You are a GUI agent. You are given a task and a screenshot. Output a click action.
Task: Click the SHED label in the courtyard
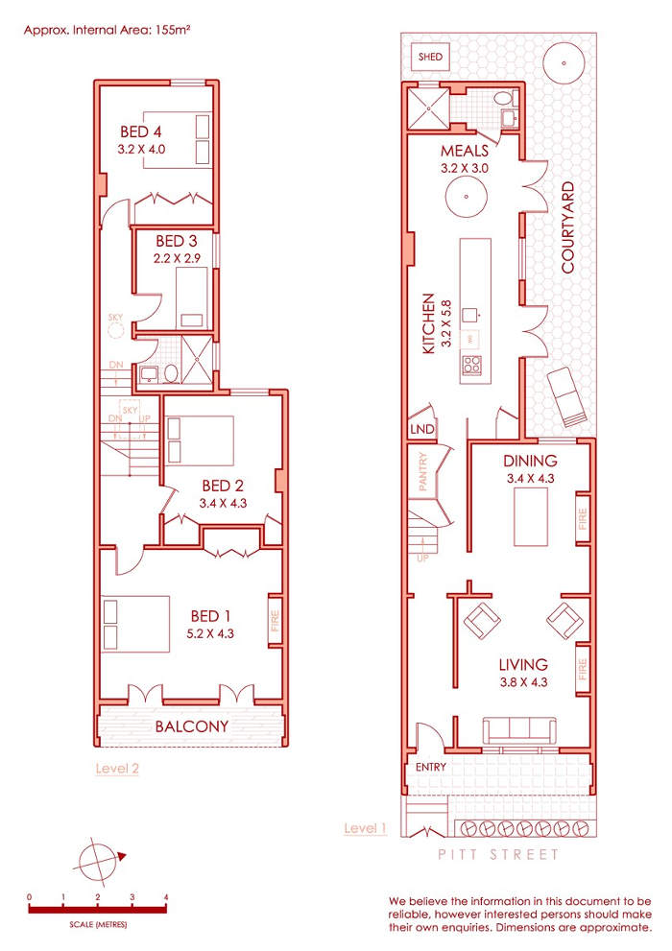[x=430, y=57]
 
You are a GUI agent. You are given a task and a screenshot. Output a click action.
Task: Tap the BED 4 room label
[x=141, y=131]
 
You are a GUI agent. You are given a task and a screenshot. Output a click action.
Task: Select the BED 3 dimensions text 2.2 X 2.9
[x=177, y=258]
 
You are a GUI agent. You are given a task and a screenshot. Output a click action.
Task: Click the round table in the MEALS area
[x=467, y=197]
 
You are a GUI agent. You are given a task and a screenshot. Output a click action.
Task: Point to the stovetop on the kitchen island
[x=472, y=364]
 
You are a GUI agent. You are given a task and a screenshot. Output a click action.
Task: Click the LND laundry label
[x=422, y=429]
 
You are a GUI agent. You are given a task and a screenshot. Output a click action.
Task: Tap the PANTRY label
[x=423, y=471]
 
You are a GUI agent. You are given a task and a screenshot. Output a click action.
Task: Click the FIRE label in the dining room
[x=582, y=519]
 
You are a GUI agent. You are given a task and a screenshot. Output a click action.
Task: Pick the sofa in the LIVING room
[x=519, y=731]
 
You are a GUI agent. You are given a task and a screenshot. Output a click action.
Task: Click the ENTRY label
[x=431, y=767]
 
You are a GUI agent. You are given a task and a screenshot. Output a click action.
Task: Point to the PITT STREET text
[x=498, y=855]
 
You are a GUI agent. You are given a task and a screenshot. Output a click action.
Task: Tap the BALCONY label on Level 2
[x=192, y=726]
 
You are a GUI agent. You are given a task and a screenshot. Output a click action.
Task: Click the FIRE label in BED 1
[x=275, y=621]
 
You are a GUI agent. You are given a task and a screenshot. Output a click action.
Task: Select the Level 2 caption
[x=117, y=769]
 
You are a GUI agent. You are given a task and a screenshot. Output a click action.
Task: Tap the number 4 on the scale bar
[x=165, y=897]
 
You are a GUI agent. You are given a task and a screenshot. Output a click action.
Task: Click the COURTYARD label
[x=567, y=226]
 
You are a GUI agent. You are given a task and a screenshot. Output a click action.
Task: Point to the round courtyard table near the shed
[x=564, y=63]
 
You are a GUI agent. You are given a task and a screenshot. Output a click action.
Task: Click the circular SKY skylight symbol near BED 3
[x=116, y=330]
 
